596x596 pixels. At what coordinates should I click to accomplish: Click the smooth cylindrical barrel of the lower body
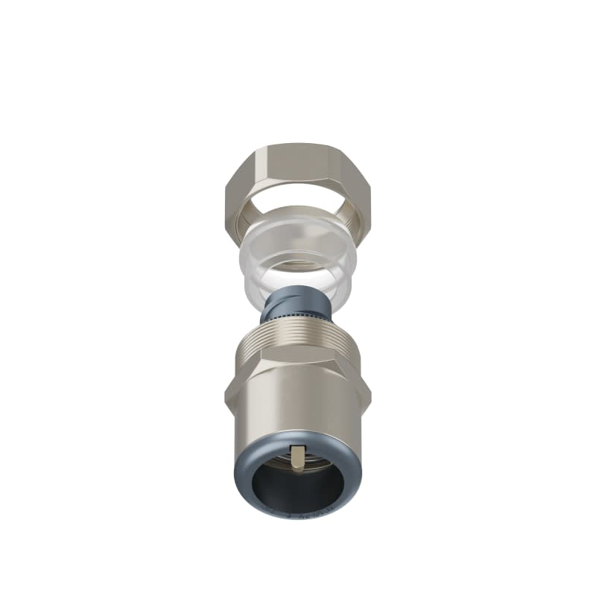(x=298, y=417)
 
